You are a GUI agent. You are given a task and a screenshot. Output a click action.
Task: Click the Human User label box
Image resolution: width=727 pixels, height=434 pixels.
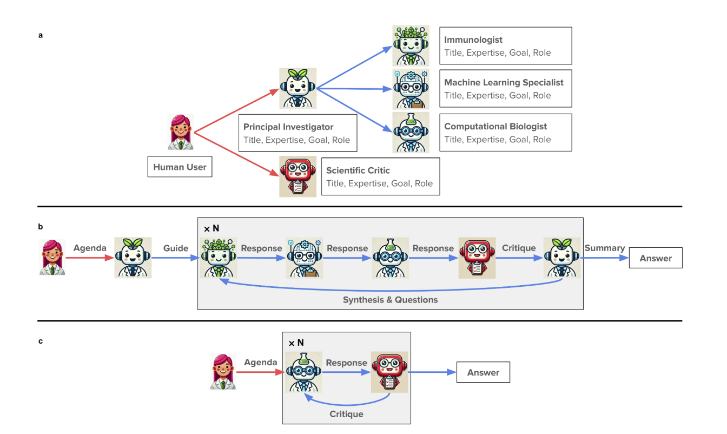coord(180,167)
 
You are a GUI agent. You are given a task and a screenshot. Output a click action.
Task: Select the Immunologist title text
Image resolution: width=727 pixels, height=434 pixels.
coord(473,40)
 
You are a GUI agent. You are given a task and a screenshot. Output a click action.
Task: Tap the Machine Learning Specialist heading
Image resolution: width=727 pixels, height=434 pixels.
coord(504,82)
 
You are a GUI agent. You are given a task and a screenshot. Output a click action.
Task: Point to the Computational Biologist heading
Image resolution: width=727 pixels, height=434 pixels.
coord(495,126)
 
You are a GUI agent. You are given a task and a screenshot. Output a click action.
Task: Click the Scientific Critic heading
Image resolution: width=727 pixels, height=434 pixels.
coord(358,170)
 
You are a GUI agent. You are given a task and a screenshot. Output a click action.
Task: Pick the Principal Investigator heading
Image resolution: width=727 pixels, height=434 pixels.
coord(288,127)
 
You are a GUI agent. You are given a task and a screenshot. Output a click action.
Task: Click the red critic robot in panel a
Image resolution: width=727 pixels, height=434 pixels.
coord(298,176)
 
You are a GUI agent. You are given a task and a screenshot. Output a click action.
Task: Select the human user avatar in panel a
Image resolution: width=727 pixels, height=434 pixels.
coord(181,132)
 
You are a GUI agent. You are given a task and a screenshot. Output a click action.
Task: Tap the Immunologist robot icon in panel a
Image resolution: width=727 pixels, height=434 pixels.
coord(411,46)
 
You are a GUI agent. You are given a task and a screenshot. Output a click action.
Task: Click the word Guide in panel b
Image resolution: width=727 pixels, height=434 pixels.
coord(176,248)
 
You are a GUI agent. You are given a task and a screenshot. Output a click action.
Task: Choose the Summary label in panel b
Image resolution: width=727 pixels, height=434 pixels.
coord(605,248)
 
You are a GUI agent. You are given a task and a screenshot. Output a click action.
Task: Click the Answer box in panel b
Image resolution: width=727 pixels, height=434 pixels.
coord(656,258)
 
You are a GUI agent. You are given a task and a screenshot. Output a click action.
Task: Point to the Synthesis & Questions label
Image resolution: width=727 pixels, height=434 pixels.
coord(390,300)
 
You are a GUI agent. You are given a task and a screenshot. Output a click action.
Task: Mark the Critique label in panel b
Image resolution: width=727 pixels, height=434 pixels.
coord(519,248)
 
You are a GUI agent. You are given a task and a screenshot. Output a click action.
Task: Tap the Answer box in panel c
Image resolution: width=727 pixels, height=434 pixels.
coord(483,372)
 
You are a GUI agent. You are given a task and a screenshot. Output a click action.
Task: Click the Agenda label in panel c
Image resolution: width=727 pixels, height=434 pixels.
coord(260,362)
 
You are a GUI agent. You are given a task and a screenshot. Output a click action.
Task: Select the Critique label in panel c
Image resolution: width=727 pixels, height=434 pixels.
coord(346,414)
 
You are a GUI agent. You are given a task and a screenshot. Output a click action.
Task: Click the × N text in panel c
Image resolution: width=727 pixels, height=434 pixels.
coord(296,343)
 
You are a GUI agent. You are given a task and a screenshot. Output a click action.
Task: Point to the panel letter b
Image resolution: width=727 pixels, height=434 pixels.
coord(40,227)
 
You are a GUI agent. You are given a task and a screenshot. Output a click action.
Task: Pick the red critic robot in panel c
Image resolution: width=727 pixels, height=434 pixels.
coord(389,372)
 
